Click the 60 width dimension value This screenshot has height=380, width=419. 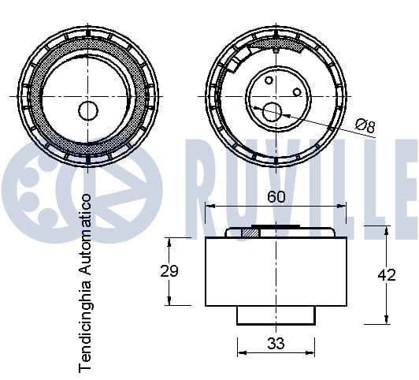click(276, 198)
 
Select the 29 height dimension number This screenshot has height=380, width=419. click(169, 271)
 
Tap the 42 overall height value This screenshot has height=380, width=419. click(386, 274)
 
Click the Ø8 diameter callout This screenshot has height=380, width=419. click(365, 125)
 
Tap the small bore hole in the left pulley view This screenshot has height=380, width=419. click(87, 110)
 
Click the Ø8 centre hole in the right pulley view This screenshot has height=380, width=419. click(273, 112)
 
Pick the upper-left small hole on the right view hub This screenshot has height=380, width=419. click(268, 80)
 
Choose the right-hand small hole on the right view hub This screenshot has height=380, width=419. click(297, 92)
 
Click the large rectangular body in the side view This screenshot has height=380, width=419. click(276, 271)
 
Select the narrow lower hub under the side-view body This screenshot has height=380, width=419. click(276, 315)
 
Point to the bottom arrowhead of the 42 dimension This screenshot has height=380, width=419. click(386, 320)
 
